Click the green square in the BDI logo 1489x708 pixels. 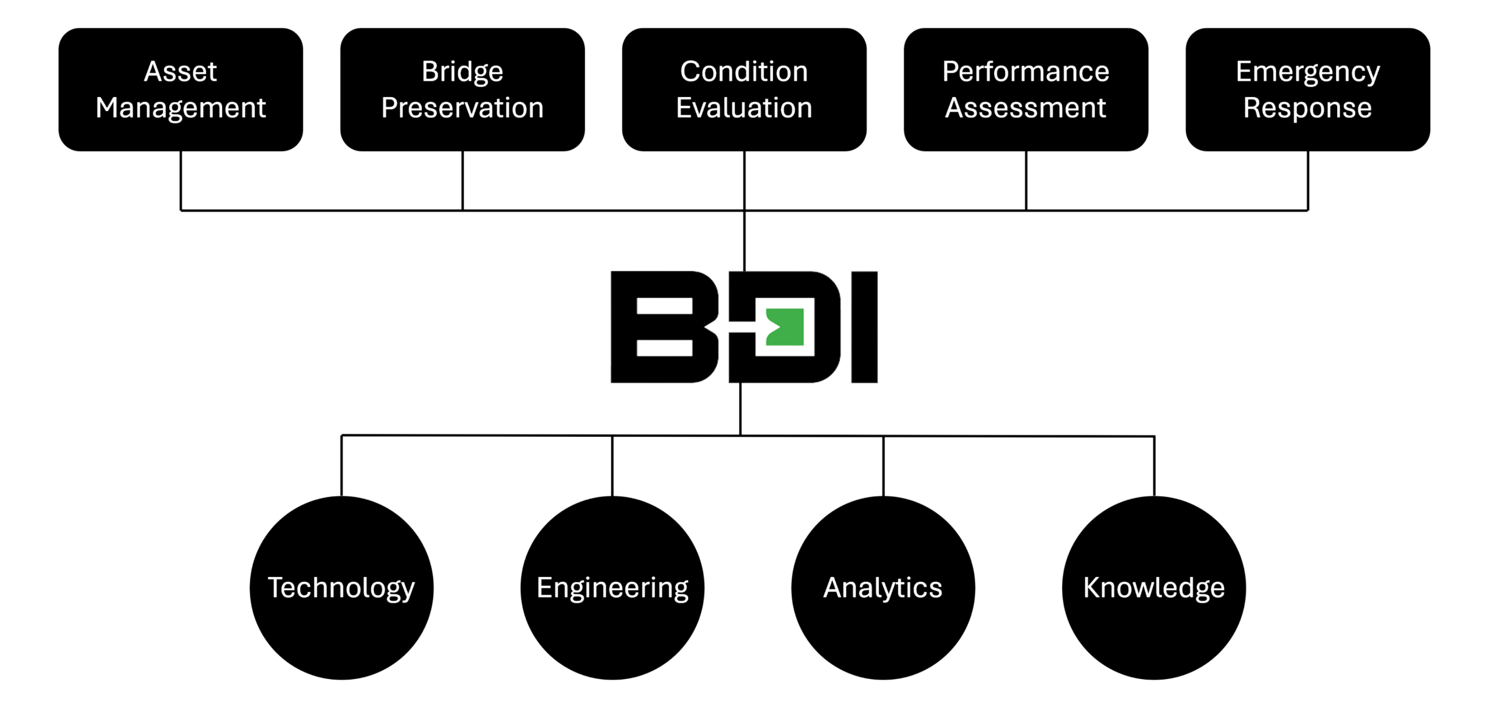pos(785,327)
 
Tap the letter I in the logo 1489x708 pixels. pos(864,327)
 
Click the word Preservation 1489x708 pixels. pos(462,108)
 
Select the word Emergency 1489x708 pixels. pos(1308,72)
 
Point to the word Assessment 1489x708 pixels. pos(1025,108)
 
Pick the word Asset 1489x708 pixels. pos(181,72)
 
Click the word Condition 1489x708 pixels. pos(744,72)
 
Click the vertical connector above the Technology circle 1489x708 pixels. pos(341,465)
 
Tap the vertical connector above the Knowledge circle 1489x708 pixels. pos(1155,465)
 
